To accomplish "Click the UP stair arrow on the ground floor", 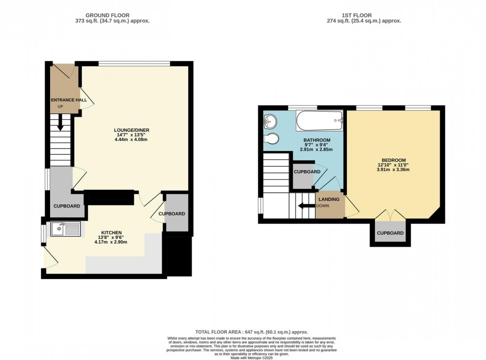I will (61, 122).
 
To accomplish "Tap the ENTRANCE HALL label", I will (65, 100).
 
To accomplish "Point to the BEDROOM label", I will (393, 160).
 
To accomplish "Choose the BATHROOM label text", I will (316, 140).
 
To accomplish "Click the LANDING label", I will (329, 199).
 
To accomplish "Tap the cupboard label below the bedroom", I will (390, 233).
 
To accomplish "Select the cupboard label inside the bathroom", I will (307, 171).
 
